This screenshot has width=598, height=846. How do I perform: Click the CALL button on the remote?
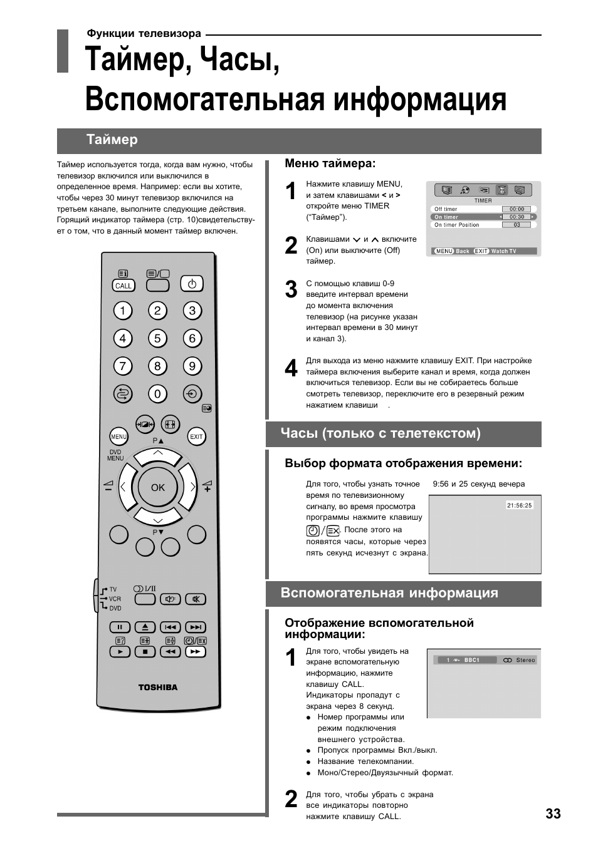[x=123, y=286]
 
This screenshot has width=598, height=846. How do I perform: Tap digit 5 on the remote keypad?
[x=157, y=339]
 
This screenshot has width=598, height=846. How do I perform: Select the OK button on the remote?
[x=158, y=487]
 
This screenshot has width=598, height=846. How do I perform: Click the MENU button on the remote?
[x=118, y=436]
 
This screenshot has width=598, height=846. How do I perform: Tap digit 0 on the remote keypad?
[x=157, y=394]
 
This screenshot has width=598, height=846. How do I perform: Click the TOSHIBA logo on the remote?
[x=158, y=687]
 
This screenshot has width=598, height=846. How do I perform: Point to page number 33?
[x=553, y=813]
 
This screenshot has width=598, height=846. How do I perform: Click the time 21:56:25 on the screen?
[x=519, y=505]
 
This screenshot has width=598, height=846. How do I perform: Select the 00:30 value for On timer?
[x=517, y=217]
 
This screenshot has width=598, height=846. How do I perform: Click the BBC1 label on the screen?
[x=472, y=660]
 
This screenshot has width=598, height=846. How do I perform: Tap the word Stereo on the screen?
[x=525, y=660]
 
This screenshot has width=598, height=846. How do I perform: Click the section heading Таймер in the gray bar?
[x=112, y=140]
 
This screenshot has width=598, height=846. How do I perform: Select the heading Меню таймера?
[x=330, y=163]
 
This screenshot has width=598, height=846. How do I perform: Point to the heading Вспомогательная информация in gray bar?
[x=389, y=593]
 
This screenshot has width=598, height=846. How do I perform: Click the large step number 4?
[x=291, y=369]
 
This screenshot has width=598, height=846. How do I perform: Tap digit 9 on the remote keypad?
[x=192, y=366]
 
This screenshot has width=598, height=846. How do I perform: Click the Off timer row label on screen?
[x=446, y=209]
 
